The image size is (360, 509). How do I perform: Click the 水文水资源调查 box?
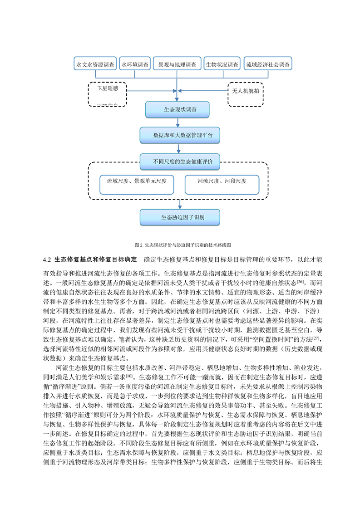pyautogui.click(x=95, y=64)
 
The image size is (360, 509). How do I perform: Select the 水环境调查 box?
pyautogui.click(x=135, y=64)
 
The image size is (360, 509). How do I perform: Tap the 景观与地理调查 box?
pyautogui.click(x=177, y=64)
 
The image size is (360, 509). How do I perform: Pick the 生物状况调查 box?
pyautogui.click(x=222, y=64)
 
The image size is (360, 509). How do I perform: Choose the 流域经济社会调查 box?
pyautogui.click(x=268, y=64)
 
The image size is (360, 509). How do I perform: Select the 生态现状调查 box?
pyautogui.click(x=177, y=110)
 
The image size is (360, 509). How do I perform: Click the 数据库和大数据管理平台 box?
pyautogui.click(x=180, y=135)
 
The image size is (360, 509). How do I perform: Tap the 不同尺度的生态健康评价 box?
pyautogui.click(x=180, y=162)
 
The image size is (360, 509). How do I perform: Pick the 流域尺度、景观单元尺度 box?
pyautogui.click(x=137, y=185)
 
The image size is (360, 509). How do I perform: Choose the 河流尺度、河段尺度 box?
pyautogui.click(x=222, y=185)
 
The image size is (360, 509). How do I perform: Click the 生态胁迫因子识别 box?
pyautogui.click(x=180, y=217)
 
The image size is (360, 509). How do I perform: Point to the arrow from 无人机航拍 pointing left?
pyautogui.click(x=203, y=91)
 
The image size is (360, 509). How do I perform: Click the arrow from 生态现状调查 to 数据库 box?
pyautogui.click(x=178, y=122)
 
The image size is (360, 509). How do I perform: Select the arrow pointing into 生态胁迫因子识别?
pyautogui.click(x=180, y=205)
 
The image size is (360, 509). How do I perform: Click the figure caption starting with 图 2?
pyautogui.click(x=182, y=245)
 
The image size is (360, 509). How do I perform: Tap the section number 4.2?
pyautogui.click(x=47, y=259)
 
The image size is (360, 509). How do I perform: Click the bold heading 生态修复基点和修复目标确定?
pyautogui.click(x=95, y=259)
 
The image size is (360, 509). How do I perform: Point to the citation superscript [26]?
pyautogui.click(x=300, y=281)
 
